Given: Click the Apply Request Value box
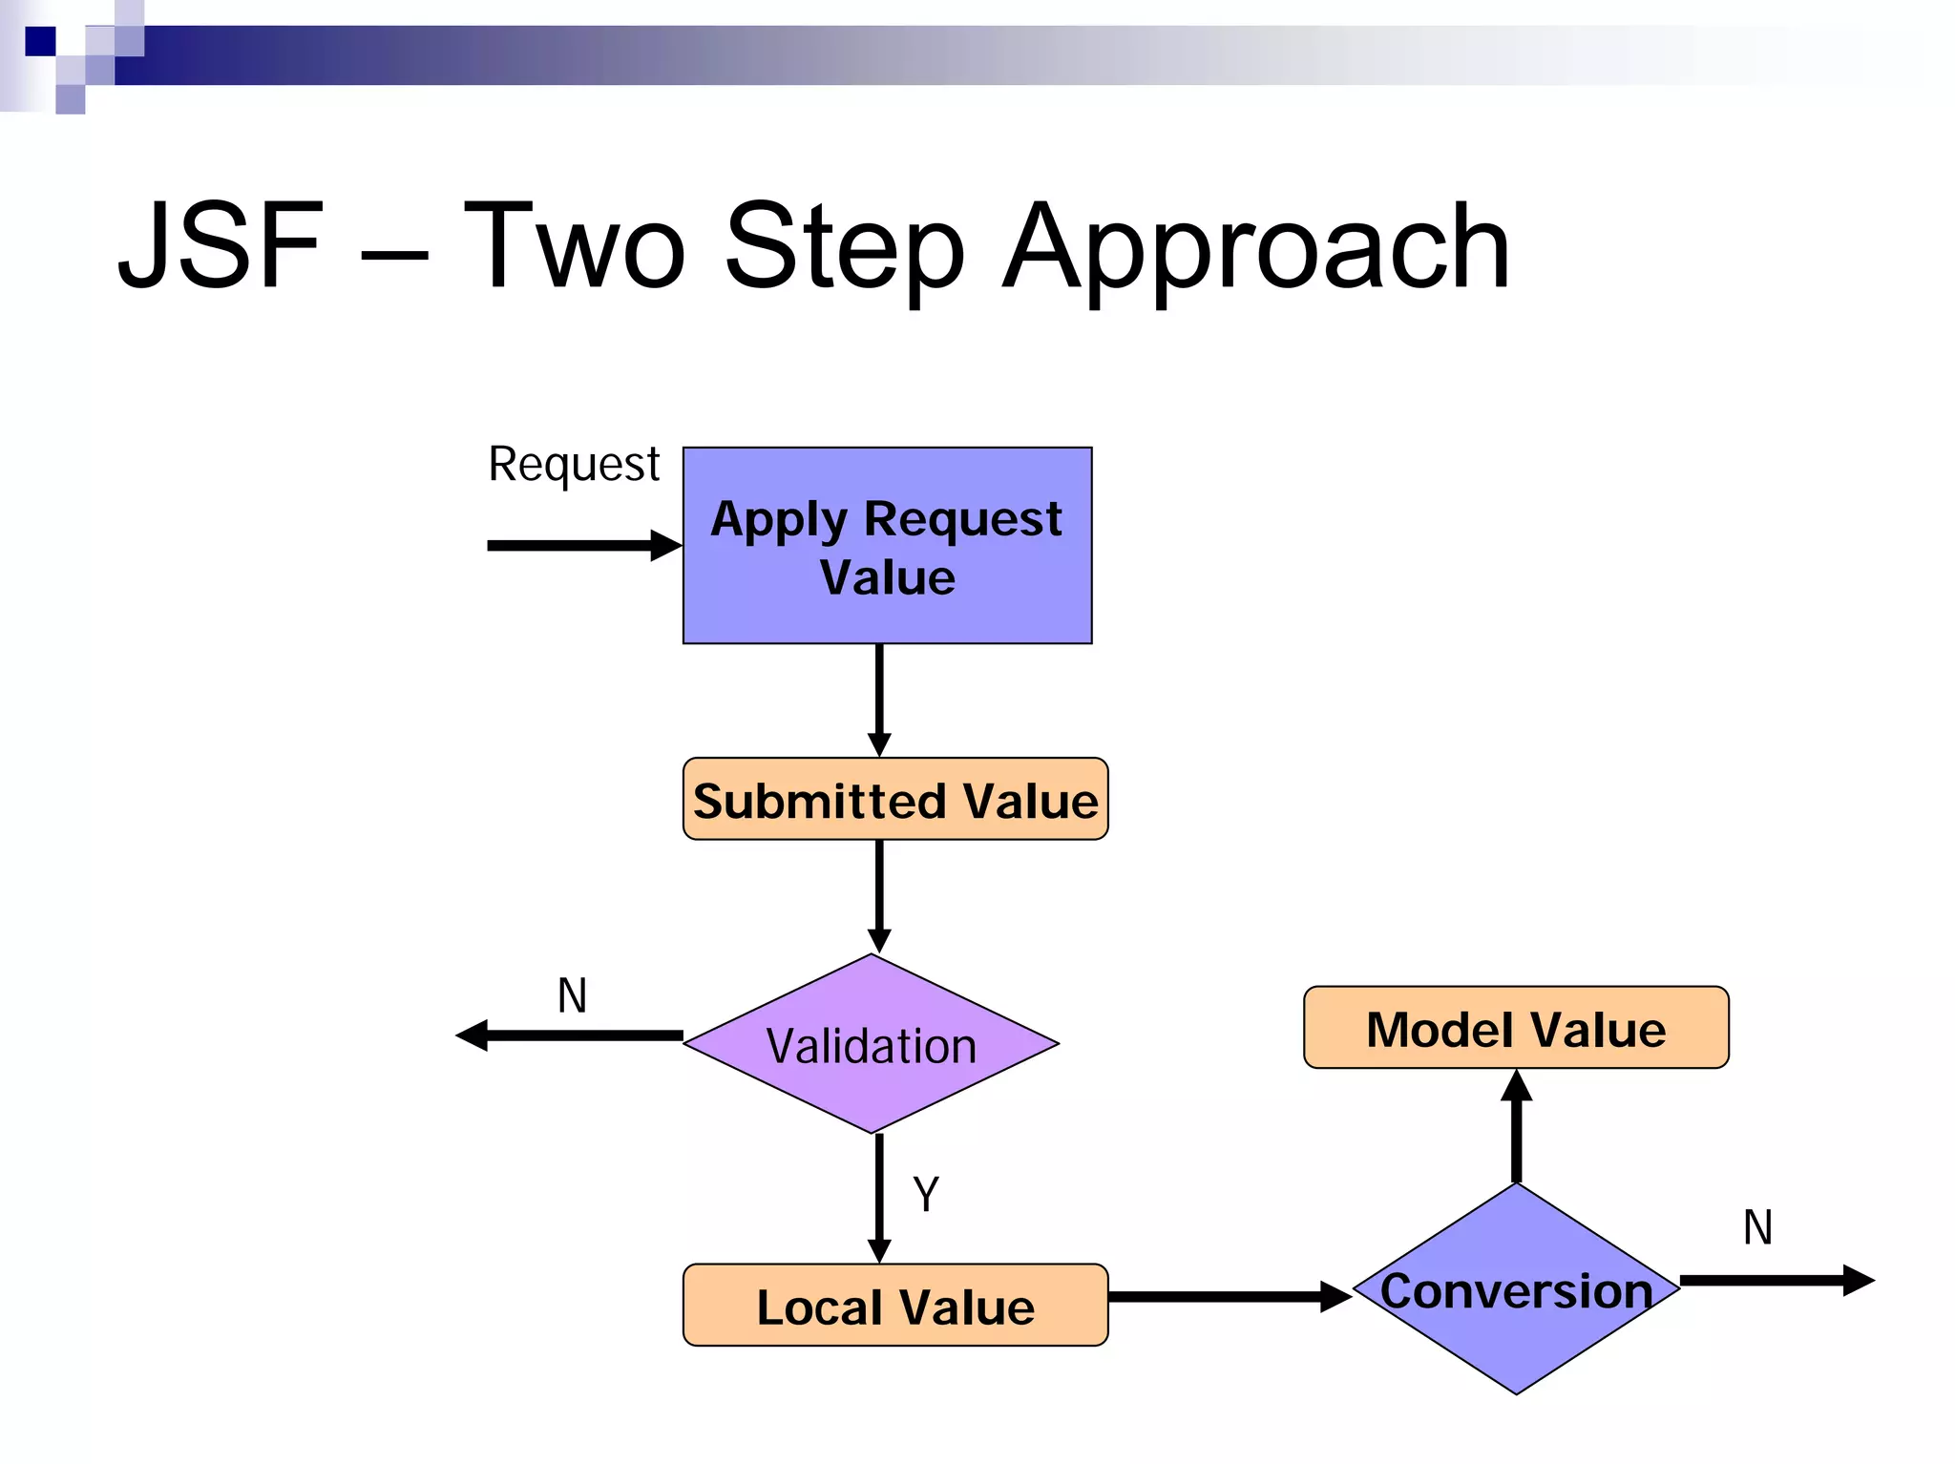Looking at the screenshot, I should coord(887,546).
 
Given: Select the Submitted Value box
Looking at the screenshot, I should coord(894,800).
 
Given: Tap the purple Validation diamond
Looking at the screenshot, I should coord(871,1044).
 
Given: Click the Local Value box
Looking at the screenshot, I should coord(894,1306).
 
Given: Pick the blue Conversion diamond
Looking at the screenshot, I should coord(1516,1289).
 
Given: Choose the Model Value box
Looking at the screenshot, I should coord(1516,1028).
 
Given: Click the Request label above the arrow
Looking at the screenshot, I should coord(574,465).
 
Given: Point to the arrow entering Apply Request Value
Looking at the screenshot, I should coord(582,546).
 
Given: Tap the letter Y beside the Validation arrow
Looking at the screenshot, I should coord(926,1194).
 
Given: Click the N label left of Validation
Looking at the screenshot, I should coord(572,996).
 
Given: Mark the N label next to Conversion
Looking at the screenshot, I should coord(1757,1228).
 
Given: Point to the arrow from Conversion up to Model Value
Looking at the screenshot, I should coord(1516,1126).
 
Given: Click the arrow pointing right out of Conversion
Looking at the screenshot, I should coord(1776,1280).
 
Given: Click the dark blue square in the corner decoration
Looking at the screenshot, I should coord(40,41).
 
